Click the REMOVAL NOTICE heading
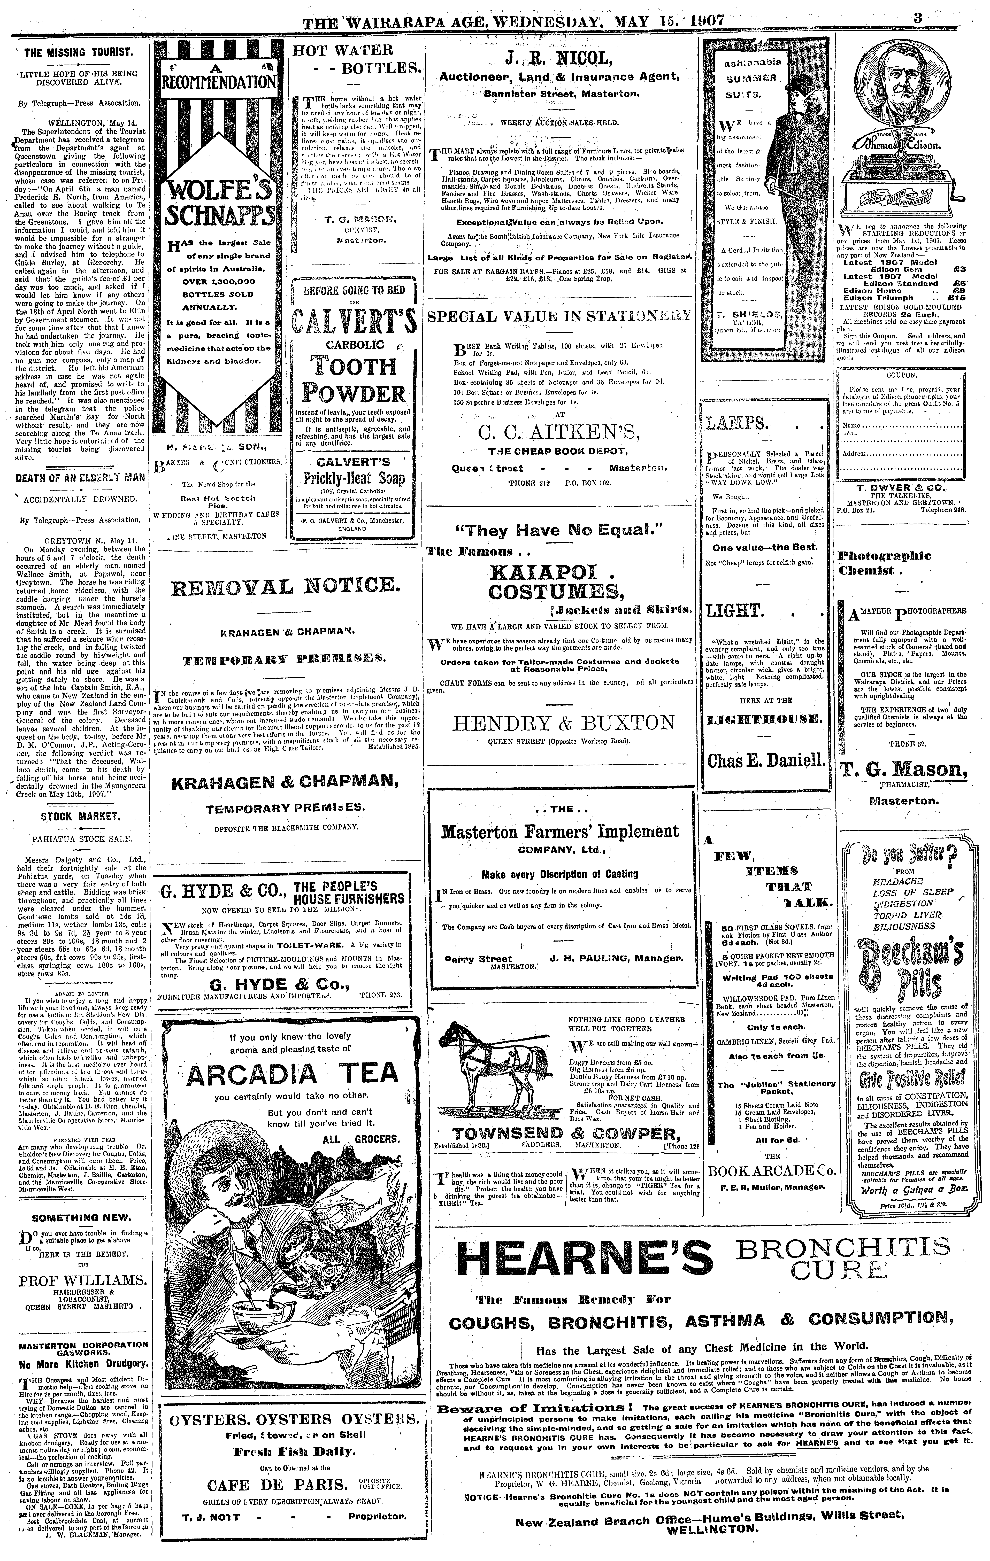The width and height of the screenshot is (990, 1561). click(x=285, y=589)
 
